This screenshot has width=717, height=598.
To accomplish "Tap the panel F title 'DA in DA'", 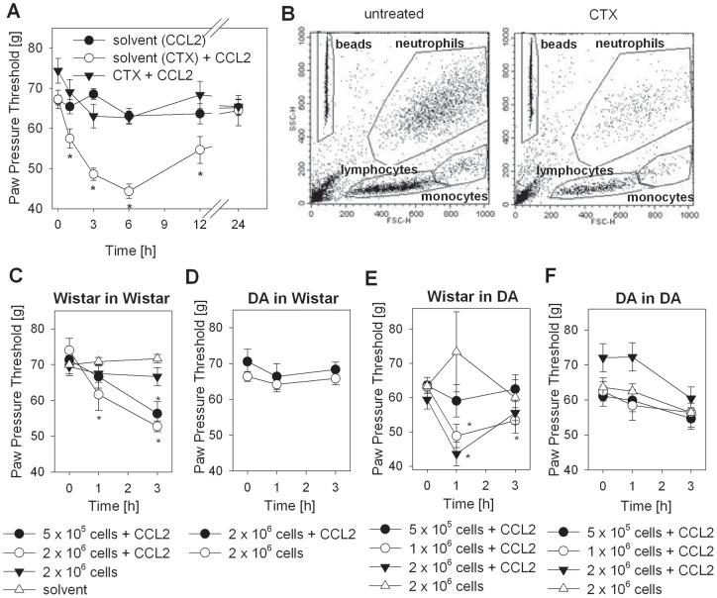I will pos(630,294).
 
